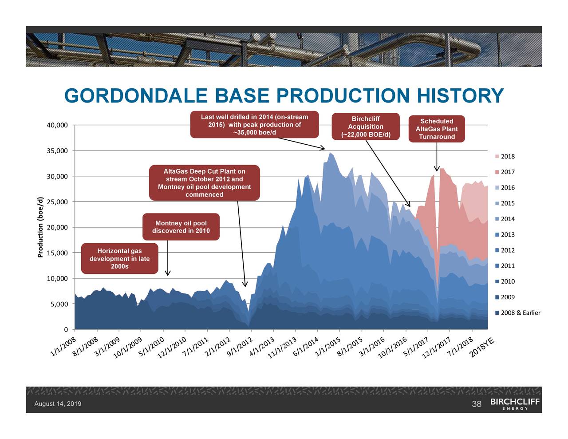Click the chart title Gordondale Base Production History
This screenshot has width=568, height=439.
(284, 96)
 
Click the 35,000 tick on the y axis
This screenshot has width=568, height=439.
(57, 151)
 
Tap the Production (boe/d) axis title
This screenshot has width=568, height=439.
(40, 227)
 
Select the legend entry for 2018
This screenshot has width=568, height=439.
(507, 157)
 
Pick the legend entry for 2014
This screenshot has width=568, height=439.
(507, 219)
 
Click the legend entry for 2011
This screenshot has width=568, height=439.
(507, 266)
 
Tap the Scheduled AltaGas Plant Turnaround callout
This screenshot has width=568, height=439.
(437, 129)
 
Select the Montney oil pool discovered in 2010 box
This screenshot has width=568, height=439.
(181, 227)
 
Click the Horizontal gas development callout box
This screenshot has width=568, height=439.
(119, 259)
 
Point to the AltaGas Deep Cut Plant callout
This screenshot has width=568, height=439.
(204, 183)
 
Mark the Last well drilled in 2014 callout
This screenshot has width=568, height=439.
(254, 125)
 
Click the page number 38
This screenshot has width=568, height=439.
(477, 404)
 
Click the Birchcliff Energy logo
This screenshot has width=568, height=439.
(515, 404)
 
